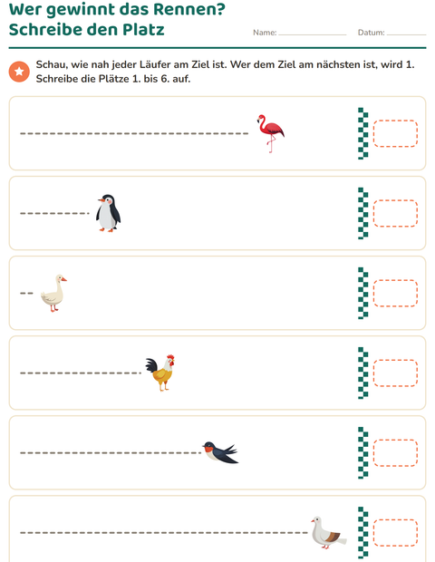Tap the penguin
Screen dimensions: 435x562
pos(108,213)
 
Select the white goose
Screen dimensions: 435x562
pos(53,293)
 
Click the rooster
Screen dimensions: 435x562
pos(160,373)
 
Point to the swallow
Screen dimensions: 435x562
pos(220,452)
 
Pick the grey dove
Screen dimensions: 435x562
pos(328,533)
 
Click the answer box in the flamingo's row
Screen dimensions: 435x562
pos(396,133)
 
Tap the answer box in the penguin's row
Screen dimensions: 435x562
pos(396,213)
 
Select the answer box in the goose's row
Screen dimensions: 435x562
pos(396,293)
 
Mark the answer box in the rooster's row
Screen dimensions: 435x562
pos(396,373)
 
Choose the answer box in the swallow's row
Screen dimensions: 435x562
pos(396,453)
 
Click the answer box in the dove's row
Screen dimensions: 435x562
pos(396,533)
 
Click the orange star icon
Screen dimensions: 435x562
pos(19,72)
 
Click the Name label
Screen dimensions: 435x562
pos(265,33)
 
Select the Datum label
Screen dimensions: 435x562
pos(372,33)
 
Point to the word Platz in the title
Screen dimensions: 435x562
pos(143,29)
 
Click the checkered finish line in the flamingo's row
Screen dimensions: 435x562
pos(363,133)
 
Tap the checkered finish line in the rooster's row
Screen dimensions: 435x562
pos(363,373)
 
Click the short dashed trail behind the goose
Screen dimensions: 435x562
pos(26,293)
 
